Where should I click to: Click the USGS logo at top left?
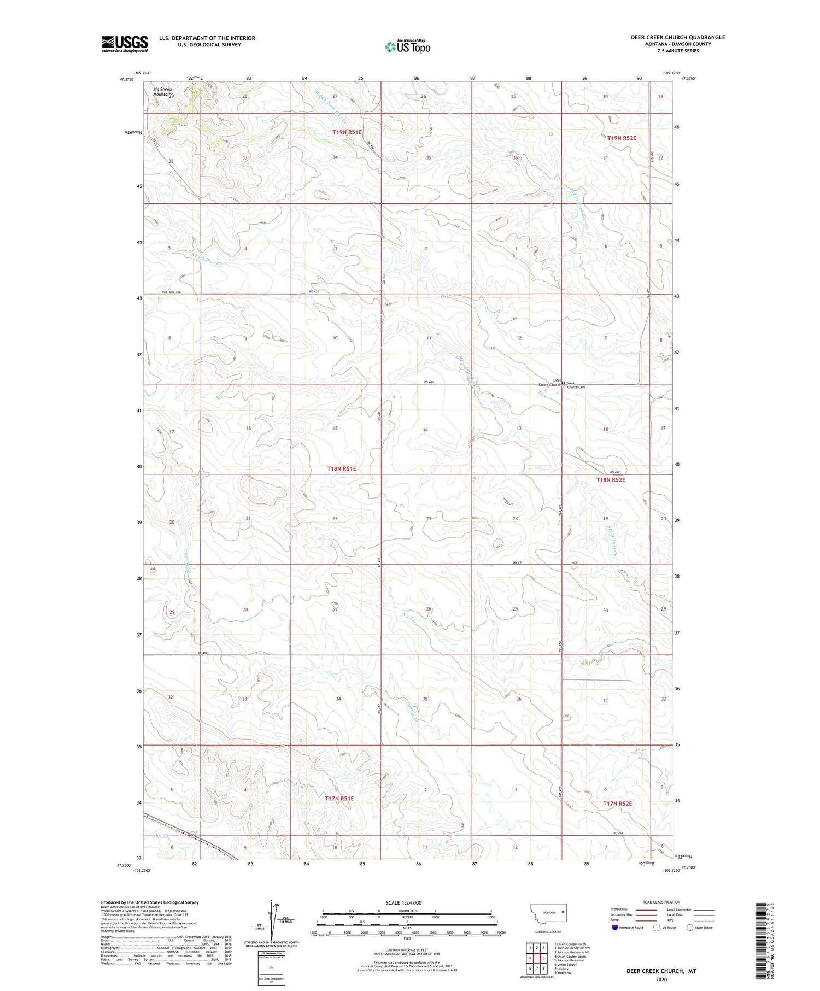click(x=125, y=44)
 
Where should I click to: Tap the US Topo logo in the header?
click(x=408, y=47)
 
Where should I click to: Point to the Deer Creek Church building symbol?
click(x=564, y=384)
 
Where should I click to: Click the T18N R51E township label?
click(x=342, y=469)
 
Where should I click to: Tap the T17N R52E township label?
click(x=617, y=803)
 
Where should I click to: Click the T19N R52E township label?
click(x=622, y=138)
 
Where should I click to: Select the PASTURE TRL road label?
click(x=172, y=292)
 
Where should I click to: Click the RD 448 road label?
click(x=616, y=472)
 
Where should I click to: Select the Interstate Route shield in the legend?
click(x=615, y=928)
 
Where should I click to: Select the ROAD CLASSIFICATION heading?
click(x=661, y=902)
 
